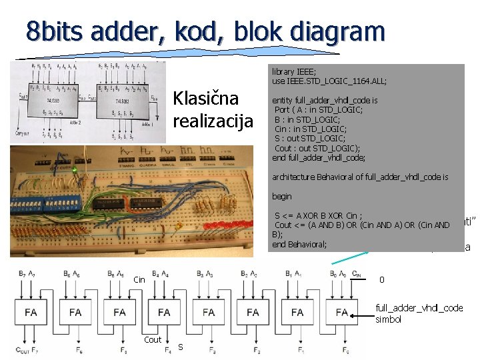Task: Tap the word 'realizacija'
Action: (213, 121)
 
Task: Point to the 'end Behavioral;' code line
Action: (299, 244)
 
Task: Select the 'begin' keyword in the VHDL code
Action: (282, 197)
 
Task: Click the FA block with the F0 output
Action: (342, 311)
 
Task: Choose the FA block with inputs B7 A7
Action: (31, 311)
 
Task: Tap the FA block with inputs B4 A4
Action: (164, 311)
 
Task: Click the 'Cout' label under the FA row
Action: (153, 339)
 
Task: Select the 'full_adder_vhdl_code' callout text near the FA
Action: (418, 307)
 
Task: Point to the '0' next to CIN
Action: (381, 279)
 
